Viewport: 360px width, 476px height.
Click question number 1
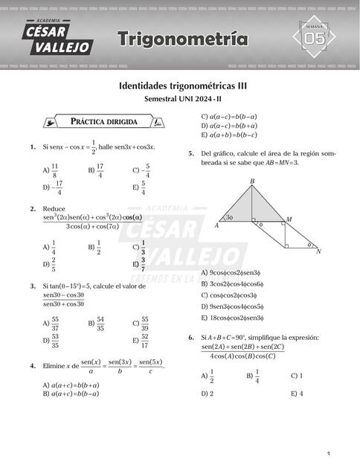(x=33, y=147)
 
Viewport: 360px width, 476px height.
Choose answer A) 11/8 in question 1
(x=51, y=170)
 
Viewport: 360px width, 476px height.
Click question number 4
(x=33, y=366)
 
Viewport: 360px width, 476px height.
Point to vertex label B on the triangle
(x=252, y=181)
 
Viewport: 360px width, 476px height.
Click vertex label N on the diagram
(x=318, y=252)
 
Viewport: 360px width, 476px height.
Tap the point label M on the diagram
(x=289, y=219)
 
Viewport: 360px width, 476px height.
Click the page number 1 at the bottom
(x=327, y=454)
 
